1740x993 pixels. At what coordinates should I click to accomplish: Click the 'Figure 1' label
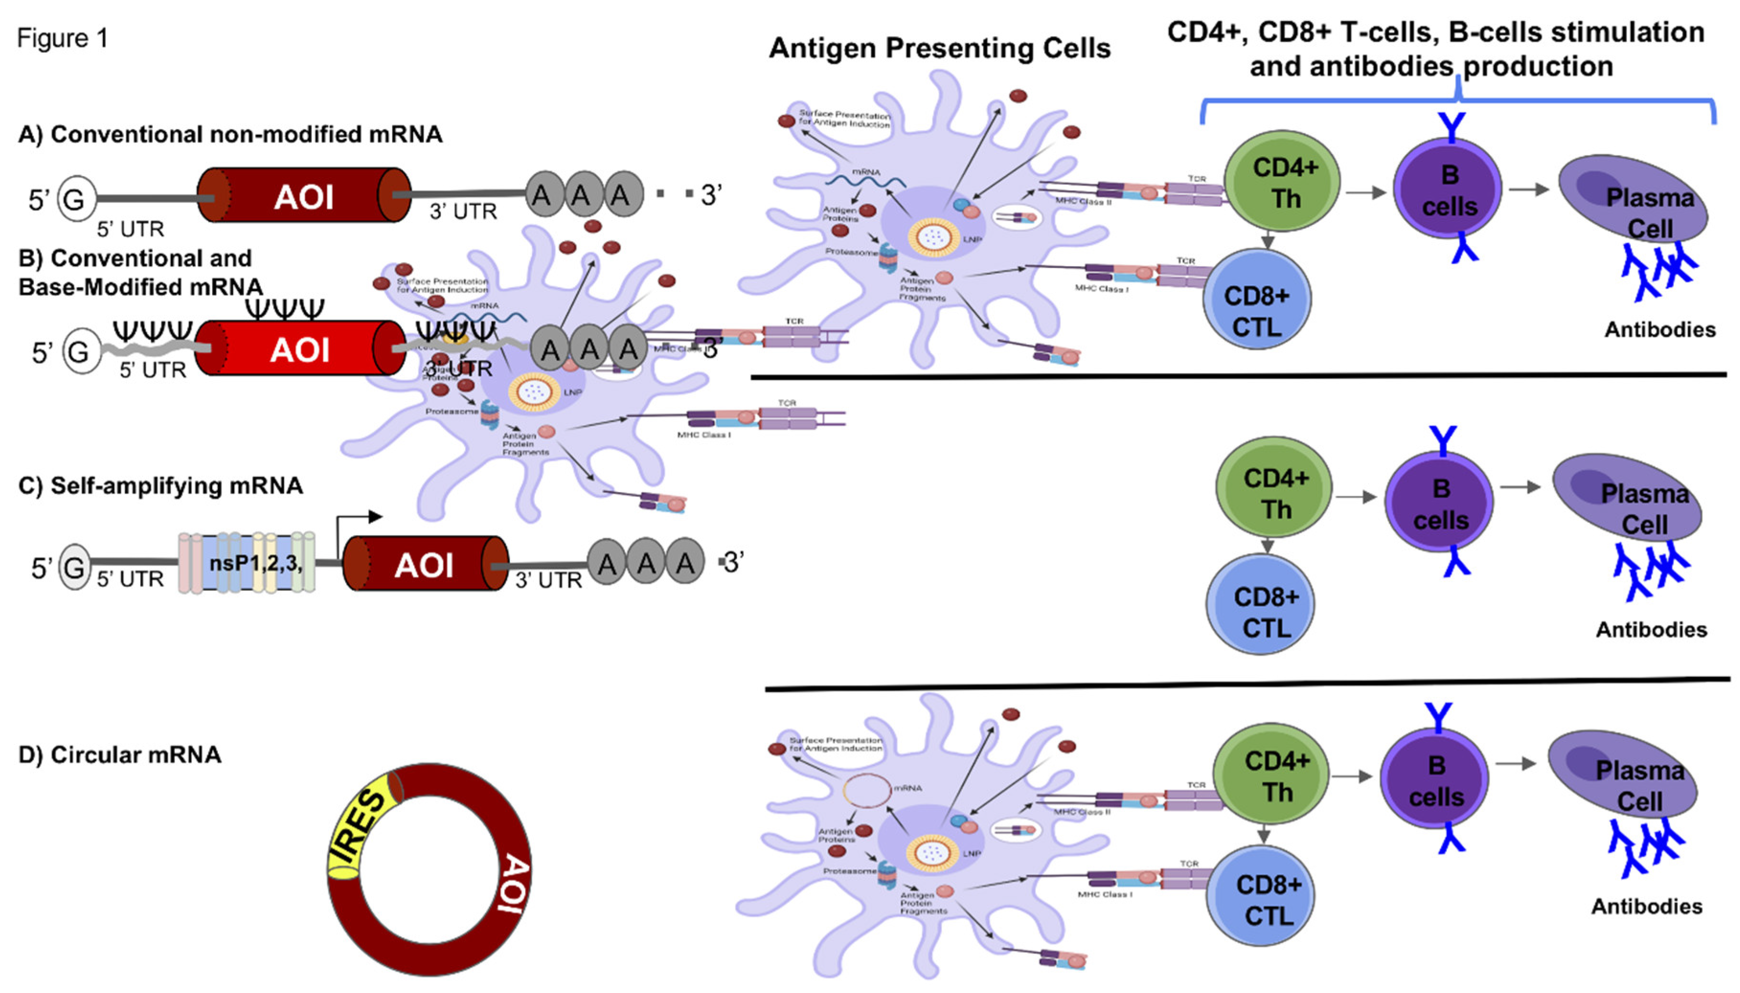coord(62,38)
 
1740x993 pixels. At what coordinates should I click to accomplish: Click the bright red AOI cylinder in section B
coord(300,349)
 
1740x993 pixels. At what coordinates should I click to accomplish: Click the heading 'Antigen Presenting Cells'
coord(939,48)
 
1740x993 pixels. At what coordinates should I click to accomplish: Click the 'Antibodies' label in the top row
coord(1660,330)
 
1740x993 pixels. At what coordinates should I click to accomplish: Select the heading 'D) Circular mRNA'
coord(119,755)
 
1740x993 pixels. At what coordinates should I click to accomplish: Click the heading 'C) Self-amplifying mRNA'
coord(160,486)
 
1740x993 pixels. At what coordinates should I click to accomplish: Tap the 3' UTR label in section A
coord(463,212)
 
